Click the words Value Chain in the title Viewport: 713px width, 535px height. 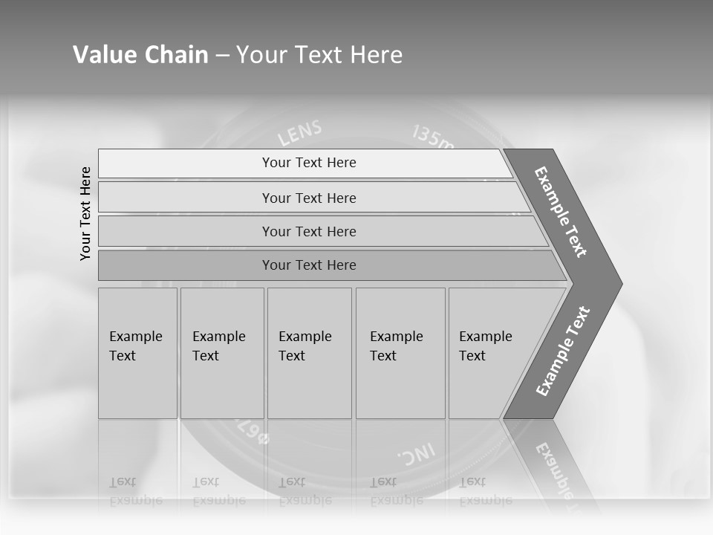click(140, 55)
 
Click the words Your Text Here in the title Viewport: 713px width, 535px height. click(319, 55)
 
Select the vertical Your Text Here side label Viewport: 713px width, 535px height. click(85, 213)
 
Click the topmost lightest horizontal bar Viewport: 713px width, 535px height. click(309, 163)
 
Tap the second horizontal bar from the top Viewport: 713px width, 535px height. click(309, 198)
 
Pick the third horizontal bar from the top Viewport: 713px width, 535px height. click(309, 231)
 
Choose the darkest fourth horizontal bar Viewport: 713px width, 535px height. click(309, 265)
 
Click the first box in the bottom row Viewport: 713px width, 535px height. click(137, 353)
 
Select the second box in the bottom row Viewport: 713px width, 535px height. click(222, 353)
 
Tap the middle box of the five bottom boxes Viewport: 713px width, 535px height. click(309, 353)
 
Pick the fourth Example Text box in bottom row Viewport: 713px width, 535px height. click(400, 353)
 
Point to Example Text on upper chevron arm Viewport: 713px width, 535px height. click(561, 212)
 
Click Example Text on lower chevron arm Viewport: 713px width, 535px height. click(563, 351)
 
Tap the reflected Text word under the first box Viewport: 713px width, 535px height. click(123, 482)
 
